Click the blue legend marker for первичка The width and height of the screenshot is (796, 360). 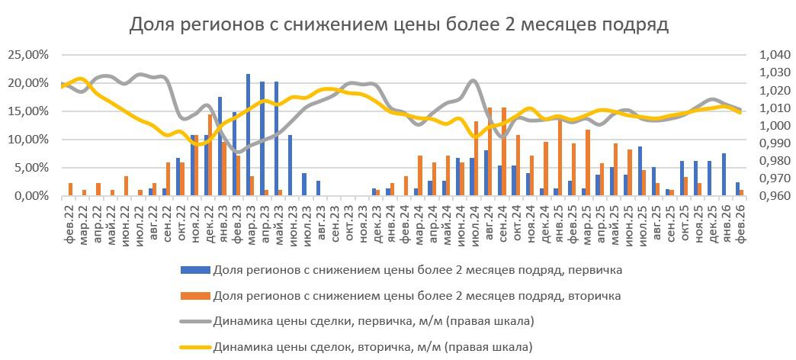pos(194,269)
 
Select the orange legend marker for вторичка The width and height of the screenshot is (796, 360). pos(194,295)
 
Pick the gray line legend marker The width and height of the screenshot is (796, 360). pos(194,321)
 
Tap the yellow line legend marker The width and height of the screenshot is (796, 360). pos(194,347)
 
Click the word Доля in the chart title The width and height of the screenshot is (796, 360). pos(152,25)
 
